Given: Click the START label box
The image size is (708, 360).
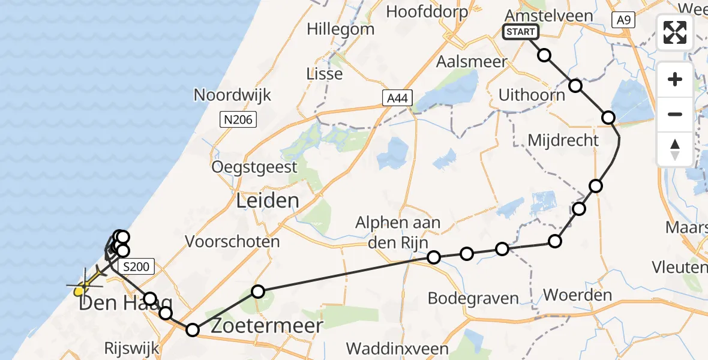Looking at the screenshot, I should (x=521, y=32).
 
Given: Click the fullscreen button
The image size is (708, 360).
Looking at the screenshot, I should (x=675, y=32).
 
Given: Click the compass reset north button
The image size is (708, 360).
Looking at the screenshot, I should (x=675, y=149).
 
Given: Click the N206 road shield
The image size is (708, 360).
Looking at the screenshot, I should (x=238, y=120).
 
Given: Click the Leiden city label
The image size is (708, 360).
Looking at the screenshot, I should (x=268, y=200).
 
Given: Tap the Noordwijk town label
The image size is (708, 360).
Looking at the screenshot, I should (x=232, y=95).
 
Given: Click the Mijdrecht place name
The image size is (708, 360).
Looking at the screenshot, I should (x=563, y=140).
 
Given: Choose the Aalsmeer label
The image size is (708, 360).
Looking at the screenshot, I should (x=472, y=62).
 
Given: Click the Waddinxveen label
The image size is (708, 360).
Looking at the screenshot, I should (x=397, y=349).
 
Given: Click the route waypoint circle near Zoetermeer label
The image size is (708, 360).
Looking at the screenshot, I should (x=257, y=292).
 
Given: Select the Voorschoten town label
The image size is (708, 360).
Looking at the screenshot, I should (x=233, y=242).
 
